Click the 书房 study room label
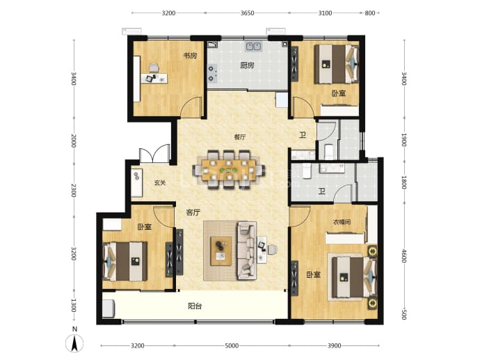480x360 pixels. tap(190, 56)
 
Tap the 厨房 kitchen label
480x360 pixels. tap(247, 65)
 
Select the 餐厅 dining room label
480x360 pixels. tap(240, 137)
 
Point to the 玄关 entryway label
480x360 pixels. tap(160, 183)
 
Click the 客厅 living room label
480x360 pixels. tap(193, 212)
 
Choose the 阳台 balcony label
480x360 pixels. tap(195, 306)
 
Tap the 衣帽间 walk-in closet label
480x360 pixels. tap(342, 222)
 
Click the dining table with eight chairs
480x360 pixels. tap(229, 169)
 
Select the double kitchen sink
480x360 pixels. tap(253, 47)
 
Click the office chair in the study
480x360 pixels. tap(154, 68)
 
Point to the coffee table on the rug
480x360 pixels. tap(221, 251)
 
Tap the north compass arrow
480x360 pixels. tap(74, 343)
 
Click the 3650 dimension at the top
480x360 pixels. tap(247, 13)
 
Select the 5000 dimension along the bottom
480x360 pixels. tap(232, 346)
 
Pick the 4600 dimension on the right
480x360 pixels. tap(404, 256)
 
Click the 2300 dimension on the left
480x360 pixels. tap(74, 190)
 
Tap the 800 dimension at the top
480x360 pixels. tap(370, 13)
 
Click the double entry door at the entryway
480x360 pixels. tap(154, 154)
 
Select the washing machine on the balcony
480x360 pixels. tap(109, 308)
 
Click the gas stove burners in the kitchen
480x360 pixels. tap(212, 74)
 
